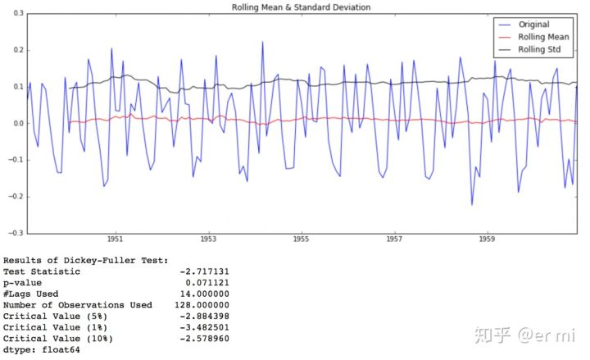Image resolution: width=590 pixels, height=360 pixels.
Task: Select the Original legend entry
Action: coord(534,25)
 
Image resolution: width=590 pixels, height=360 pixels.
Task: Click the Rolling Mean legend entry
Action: coord(544,37)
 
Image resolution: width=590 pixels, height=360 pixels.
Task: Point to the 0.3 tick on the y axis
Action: coord(18,14)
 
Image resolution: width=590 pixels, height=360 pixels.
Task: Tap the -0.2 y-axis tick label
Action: coord(16,197)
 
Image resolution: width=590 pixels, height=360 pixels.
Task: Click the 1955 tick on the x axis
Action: coord(301,240)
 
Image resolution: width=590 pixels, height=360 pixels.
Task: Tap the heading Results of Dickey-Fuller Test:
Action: coord(85,260)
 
